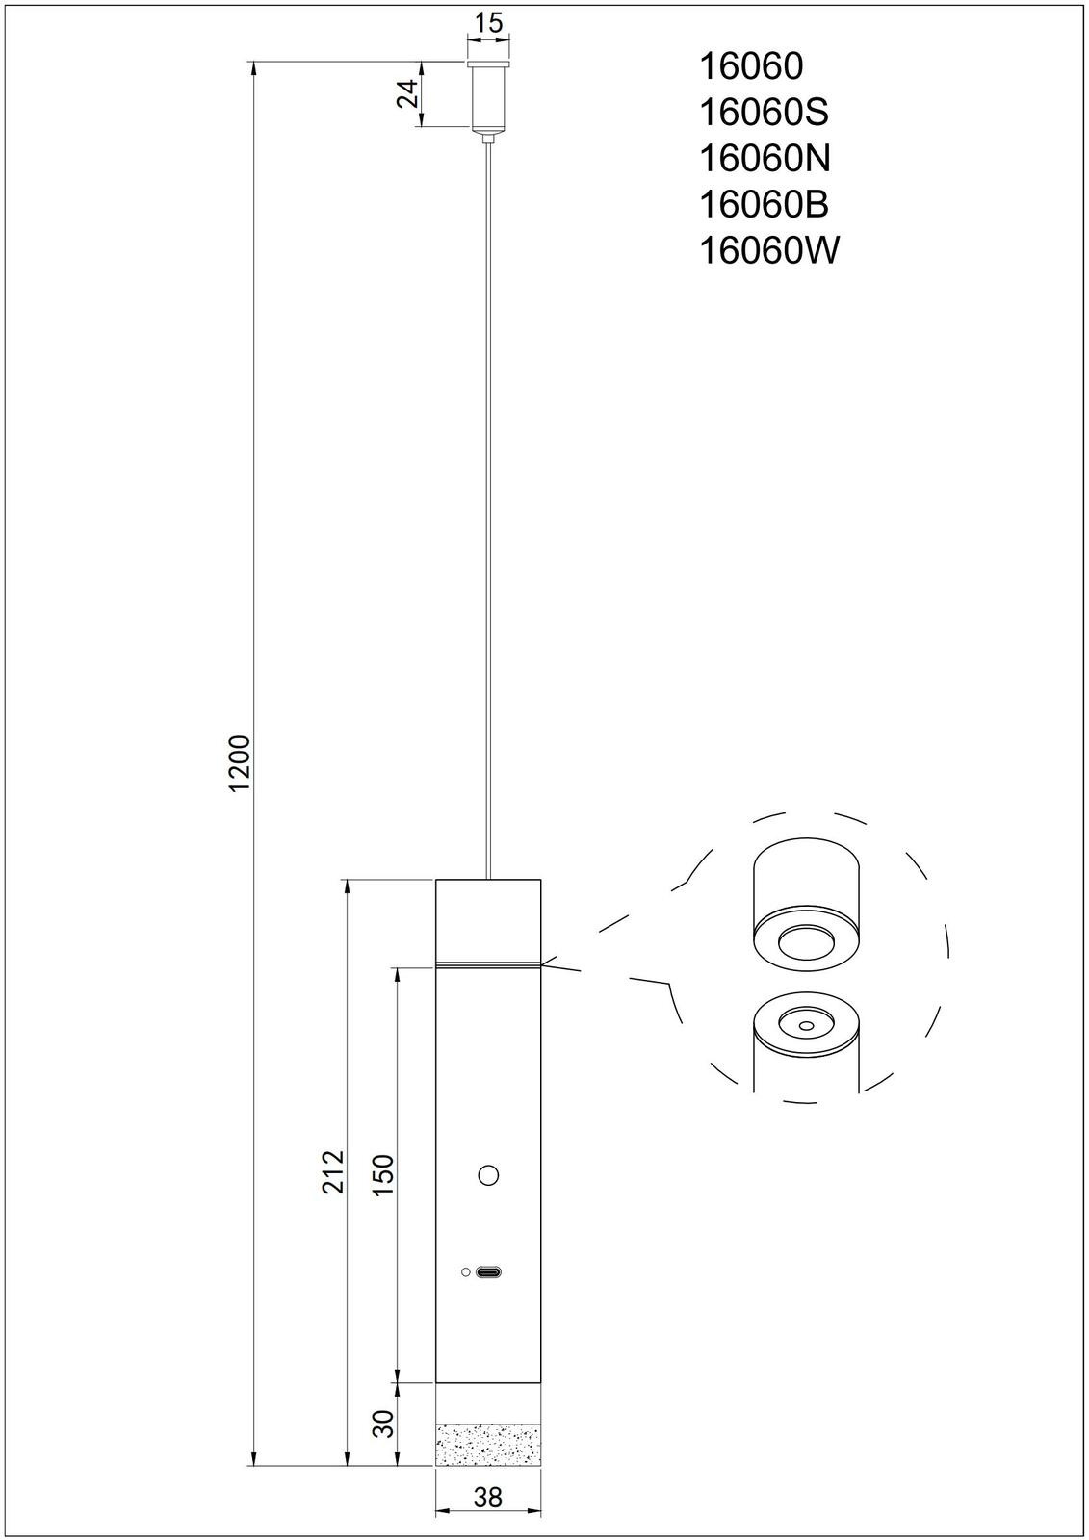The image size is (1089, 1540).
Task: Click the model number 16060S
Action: point(762,113)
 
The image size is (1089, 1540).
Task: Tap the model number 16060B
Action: point(762,205)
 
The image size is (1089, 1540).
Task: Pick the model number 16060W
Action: point(767,251)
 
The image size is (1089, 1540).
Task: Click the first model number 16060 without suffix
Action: point(749,66)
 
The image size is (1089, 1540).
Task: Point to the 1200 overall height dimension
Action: point(239,763)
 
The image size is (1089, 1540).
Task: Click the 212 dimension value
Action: point(332,1170)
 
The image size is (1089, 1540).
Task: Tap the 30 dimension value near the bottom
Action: point(382,1424)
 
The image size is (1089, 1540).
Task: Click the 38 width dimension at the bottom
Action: point(488,1497)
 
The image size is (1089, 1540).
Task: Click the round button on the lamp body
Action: point(488,1175)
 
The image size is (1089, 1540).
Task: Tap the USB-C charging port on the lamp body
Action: point(489,1272)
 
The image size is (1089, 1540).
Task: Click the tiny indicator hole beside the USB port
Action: point(466,1272)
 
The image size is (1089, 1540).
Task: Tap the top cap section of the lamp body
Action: point(488,919)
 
